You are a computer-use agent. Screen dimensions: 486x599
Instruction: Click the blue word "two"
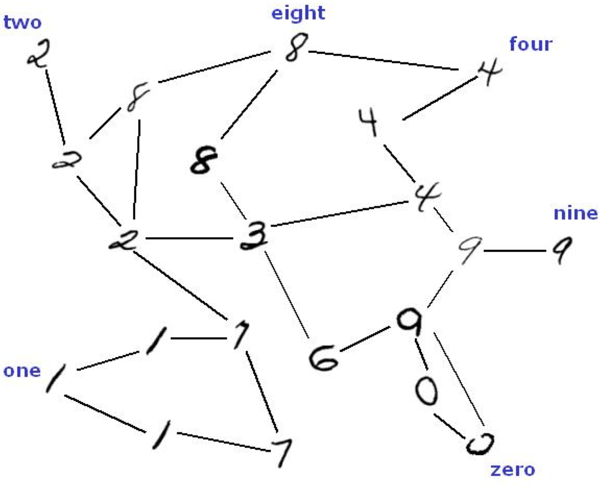tap(23, 23)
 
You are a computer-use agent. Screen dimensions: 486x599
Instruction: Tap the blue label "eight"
tap(298, 14)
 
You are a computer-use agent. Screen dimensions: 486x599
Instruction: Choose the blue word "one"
tap(22, 371)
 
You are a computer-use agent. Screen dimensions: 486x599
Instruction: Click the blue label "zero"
tap(513, 470)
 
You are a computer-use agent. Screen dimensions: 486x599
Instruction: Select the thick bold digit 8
tap(204, 160)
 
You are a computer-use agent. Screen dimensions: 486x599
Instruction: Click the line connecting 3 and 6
tap(287, 295)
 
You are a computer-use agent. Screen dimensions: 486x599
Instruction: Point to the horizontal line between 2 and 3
tap(189, 238)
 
